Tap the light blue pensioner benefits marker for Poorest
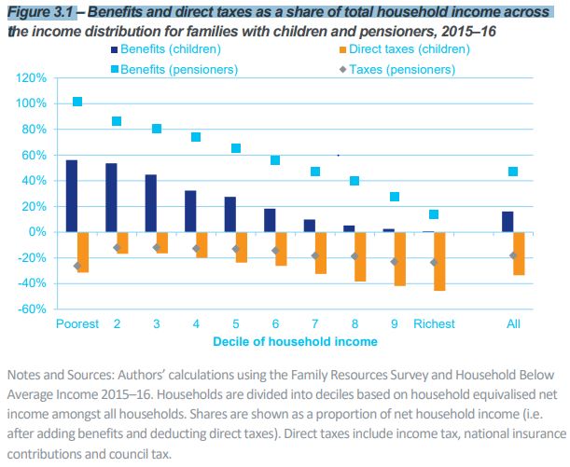(x=77, y=102)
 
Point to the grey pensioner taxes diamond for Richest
(x=433, y=263)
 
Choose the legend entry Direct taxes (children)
(x=399, y=45)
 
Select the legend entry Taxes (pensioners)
(x=391, y=69)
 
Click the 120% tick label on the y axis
(x=32, y=78)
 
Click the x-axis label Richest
(x=435, y=324)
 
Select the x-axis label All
(x=512, y=324)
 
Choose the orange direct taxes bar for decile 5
(x=242, y=247)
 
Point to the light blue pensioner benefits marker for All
(x=513, y=172)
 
